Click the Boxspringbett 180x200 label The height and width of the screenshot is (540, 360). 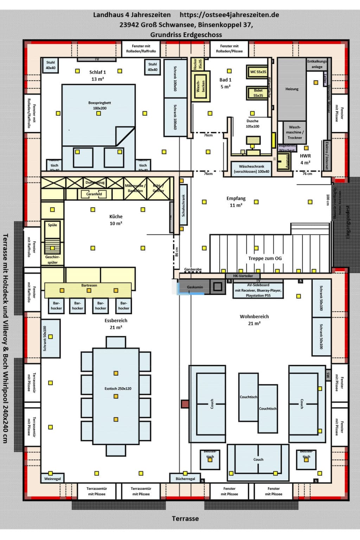tap(99, 105)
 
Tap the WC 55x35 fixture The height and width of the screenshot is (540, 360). tap(258, 72)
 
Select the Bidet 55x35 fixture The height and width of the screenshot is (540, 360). tap(258, 93)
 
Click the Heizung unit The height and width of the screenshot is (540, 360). tap(292, 89)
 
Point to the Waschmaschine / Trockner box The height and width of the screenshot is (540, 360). tap(295, 132)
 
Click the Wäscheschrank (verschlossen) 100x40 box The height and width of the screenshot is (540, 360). tap(251, 169)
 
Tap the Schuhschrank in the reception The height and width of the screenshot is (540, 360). tap(183, 205)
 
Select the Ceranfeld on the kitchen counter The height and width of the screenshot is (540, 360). tap(94, 194)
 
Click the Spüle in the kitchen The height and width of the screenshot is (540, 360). tap(52, 225)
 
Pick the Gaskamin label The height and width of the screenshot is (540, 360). tap(195, 287)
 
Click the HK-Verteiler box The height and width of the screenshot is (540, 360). tap(243, 276)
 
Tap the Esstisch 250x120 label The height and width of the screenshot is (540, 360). tap(118, 388)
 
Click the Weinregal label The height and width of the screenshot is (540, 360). tap(52, 479)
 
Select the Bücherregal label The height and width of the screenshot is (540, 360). tap(185, 479)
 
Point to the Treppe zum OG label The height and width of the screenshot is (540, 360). tap(265, 258)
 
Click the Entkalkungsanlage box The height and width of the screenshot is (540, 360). tap(317, 64)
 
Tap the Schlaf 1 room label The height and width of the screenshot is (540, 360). tap(97, 72)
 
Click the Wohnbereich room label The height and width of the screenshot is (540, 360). tap(254, 316)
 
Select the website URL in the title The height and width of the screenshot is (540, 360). tap(229, 15)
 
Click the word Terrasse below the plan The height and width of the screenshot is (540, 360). tap(185, 519)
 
